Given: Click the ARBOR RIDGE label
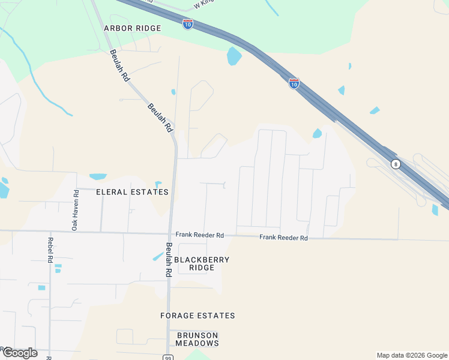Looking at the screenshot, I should click(132, 28).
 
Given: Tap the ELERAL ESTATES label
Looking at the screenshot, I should click(132, 192).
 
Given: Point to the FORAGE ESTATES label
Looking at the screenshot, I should click(197, 316).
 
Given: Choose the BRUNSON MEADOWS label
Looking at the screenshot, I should click(197, 339).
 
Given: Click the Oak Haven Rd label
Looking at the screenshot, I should click(76, 210).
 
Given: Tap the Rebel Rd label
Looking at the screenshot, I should click(50, 251).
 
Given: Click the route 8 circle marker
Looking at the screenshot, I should click(395, 164).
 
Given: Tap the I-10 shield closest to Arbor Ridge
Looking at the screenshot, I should click(188, 24).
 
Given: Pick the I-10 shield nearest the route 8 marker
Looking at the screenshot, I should click(294, 83).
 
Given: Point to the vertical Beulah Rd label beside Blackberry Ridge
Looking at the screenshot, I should click(169, 259).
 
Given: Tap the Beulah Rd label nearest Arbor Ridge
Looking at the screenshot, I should click(118, 65).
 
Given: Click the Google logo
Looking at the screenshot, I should click(20, 352).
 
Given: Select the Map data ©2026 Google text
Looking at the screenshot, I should click(411, 355).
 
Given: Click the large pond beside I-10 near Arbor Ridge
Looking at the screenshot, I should click(234, 56).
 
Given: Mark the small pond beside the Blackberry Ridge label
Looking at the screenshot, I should click(158, 256).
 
